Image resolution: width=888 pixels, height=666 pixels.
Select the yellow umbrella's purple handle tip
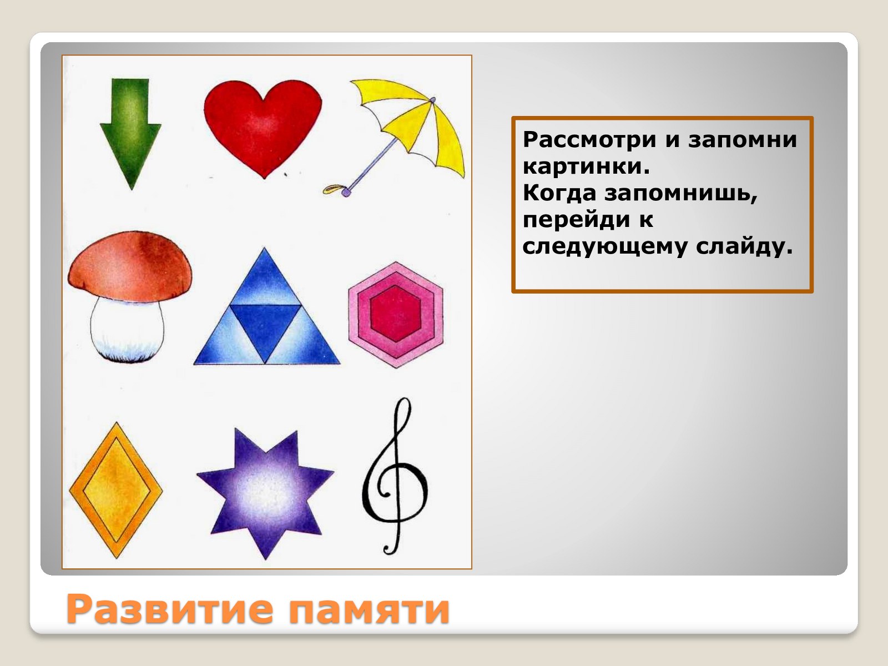coord(346,193)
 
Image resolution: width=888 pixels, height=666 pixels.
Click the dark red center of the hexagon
coord(395,313)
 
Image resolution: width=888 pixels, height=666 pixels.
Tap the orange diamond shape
coord(116,490)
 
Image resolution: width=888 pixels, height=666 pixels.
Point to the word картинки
coord(586,166)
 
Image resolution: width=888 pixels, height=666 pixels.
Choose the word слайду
coord(744,246)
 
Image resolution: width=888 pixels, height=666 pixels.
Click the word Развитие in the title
coord(170,609)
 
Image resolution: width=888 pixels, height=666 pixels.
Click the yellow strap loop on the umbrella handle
coord(334,189)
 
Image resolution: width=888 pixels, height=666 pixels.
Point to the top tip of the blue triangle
coord(265,248)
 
